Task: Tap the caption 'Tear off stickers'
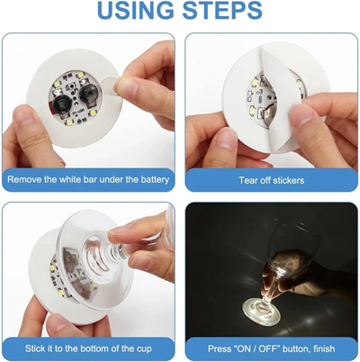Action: (271, 180)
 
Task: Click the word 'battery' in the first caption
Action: (148, 180)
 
